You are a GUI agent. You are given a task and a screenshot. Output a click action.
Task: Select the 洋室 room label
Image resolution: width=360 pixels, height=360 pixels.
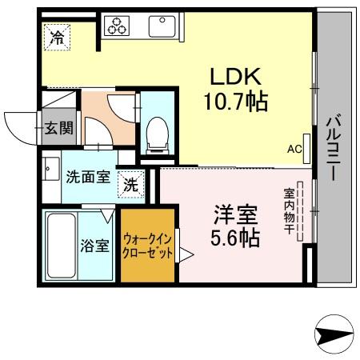click(x=234, y=214)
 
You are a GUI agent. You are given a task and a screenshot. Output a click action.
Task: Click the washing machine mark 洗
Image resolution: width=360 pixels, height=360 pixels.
click(x=131, y=183)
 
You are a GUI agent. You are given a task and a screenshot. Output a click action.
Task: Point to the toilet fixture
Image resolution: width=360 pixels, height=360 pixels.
click(x=157, y=132)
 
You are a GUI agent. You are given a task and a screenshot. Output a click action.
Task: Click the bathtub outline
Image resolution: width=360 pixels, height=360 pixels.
click(x=61, y=246)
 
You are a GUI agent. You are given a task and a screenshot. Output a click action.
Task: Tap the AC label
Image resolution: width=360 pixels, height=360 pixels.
click(x=294, y=149)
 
